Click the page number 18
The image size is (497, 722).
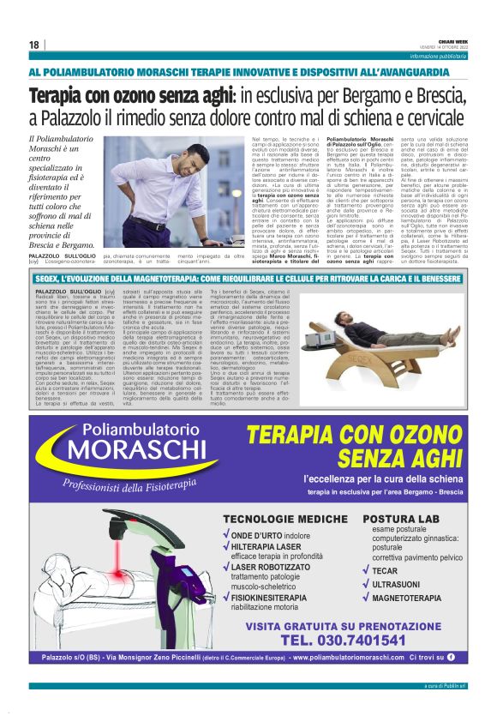pos(33,45)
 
